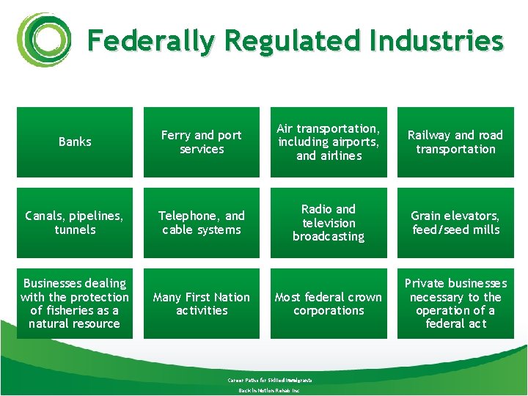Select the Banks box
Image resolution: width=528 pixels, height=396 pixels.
(75, 142)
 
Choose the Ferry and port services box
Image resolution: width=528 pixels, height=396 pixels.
(202, 142)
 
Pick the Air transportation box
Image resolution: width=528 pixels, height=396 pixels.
(329, 142)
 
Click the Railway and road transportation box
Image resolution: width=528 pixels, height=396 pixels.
(455, 142)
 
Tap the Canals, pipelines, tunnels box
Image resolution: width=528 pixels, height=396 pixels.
(75, 223)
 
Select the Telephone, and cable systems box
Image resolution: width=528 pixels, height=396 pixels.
(202, 223)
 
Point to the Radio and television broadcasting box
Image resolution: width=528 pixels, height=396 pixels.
(329, 223)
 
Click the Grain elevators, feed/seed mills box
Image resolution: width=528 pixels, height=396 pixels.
(455, 223)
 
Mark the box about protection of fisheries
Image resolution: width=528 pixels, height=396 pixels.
(75, 304)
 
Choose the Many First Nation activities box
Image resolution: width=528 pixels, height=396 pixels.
(202, 304)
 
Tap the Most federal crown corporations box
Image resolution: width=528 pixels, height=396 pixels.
(329, 304)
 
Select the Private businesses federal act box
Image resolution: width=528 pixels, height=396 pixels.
(455, 304)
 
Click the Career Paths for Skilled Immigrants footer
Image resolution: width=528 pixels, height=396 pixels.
(269, 380)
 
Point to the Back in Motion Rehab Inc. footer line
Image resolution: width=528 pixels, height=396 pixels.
(269, 390)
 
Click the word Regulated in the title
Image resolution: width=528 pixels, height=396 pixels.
(293, 40)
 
